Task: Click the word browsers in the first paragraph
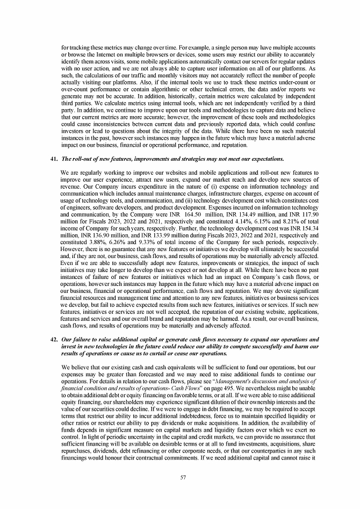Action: (150, 54)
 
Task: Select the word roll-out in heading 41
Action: (82, 160)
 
